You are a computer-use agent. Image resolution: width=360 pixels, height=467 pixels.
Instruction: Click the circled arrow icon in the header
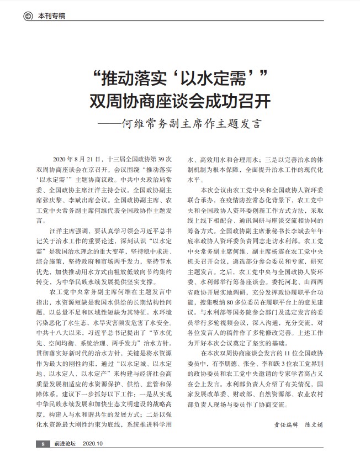[x=28, y=16]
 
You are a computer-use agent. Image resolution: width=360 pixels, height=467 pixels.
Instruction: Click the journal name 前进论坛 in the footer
[x=65, y=443]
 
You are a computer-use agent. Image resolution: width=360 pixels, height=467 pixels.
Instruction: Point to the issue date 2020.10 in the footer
[x=94, y=443]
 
